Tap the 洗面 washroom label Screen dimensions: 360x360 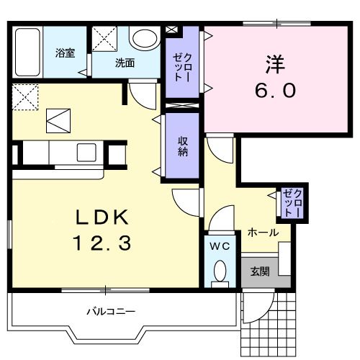[x=125, y=63]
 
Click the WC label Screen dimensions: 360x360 [x=219, y=246]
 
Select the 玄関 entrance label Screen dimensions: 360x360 [x=260, y=271]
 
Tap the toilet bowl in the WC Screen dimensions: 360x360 [x=220, y=271]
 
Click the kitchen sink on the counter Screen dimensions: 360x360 [x=87, y=152]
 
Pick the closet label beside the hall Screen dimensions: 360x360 [x=293, y=202]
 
